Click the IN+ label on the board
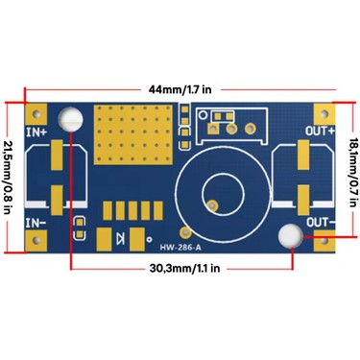click(x=36, y=132)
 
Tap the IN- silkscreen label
click(x=36, y=223)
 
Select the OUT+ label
click(x=320, y=131)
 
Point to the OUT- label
click(x=321, y=222)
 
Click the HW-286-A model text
click(x=180, y=248)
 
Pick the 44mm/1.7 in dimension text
click(x=180, y=89)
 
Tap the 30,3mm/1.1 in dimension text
click(x=184, y=268)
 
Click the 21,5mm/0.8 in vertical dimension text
click(x=8, y=178)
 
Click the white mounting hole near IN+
click(x=70, y=119)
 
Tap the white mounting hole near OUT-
click(x=290, y=236)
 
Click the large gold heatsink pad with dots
click(x=132, y=134)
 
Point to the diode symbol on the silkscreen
click(x=121, y=238)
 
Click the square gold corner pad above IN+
click(x=36, y=113)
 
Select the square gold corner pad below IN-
click(x=36, y=241)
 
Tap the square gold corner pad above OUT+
click(x=324, y=113)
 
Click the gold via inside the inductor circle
click(x=212, y=204)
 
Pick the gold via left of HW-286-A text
click(x=184, y=232)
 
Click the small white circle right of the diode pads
click(x=149, y=239)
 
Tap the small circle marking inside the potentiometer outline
click(x=203, y=114)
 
